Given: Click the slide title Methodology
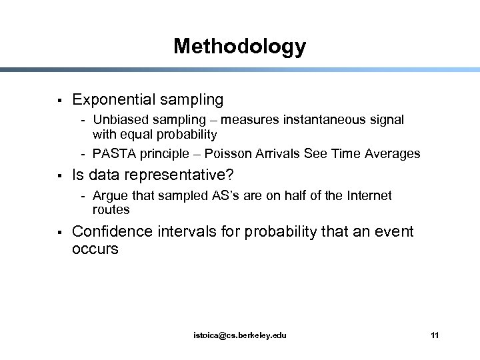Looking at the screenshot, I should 239,46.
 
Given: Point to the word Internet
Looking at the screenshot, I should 366,196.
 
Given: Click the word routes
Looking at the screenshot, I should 111,210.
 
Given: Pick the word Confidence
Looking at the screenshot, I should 113,232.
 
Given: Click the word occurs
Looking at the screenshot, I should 95,249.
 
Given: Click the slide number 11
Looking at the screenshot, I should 435,335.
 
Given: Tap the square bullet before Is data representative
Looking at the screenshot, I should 59,177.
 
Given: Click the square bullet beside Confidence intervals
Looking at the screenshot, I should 59,232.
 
